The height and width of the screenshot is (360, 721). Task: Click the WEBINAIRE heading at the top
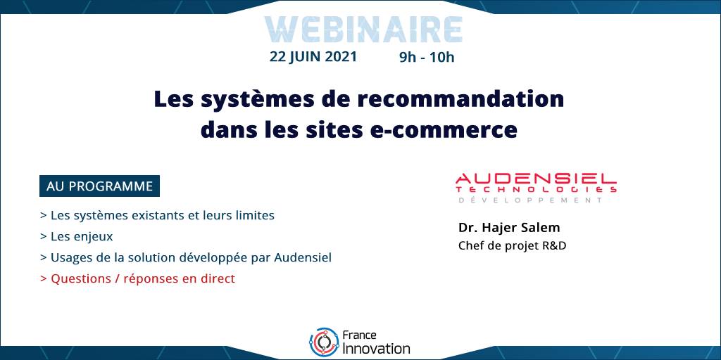pyautogui.click(x=363, y=30)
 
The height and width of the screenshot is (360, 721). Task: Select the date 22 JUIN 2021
pyautogui.click(x=313, y=56)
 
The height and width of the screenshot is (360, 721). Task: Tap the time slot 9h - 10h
pyautogui.click(x=427, y=58)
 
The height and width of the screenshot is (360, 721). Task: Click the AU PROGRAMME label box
pyautogui.click(x=99, y=186)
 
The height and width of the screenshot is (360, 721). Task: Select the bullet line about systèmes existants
pyautogui.click(x=157, y=215)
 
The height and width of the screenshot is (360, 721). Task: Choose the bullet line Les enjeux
pyautogui.click(x=76, y=237)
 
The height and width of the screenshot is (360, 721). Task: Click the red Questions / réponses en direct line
pyautogui.click(x=137, y=278)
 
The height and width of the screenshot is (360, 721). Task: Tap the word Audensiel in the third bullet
pyautogui.click(x=303, y=257)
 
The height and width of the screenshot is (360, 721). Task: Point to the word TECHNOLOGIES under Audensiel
pyautogui.click(x=536, y=189)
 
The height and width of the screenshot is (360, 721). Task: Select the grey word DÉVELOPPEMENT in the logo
pyautogui.click(x=530, y=200)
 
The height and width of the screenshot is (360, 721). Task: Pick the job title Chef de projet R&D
pyautogui.click(x=513, y=246)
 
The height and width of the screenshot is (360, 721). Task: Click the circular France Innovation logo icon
pyautogui.click(x=324, y=342)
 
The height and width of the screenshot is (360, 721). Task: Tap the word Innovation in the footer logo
pyautogui.click(x=376, y=348)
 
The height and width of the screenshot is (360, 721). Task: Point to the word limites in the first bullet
pyautogui.click(x=254, y=215)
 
